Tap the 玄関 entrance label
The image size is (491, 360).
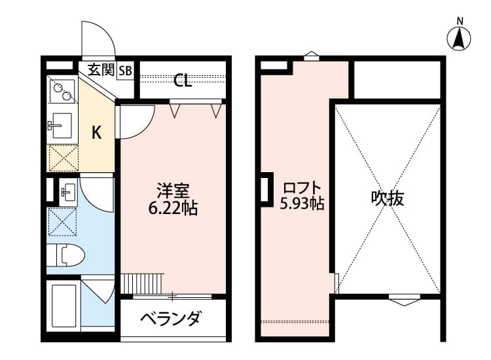101,69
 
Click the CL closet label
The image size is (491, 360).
183,81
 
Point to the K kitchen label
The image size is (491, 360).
96,133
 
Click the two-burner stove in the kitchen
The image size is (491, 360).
62,91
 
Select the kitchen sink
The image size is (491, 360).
62,124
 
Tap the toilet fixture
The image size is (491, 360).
65,254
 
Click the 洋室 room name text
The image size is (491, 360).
173,192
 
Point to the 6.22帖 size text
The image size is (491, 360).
173,209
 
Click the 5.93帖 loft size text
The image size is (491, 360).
302,203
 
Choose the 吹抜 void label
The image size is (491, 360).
387,197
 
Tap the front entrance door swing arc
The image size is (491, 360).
98,39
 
